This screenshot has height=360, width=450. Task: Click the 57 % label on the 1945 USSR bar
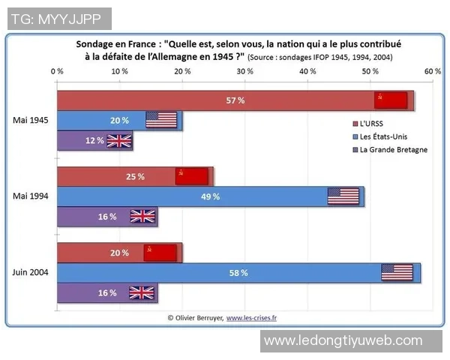(235, 100)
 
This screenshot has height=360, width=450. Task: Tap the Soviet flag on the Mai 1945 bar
(391, 100)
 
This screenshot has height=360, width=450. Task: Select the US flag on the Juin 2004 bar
(397, 272)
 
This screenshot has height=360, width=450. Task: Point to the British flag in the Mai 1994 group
(142, 216)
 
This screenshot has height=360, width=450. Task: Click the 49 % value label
(211, 196)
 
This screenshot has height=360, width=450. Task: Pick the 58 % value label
(238, 272)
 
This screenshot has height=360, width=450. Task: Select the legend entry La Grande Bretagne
(393, 149)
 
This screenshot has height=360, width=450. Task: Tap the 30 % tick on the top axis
(244, 71)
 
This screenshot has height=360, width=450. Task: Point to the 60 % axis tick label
(432, 71)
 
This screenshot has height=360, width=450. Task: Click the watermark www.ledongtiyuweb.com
(343, 340)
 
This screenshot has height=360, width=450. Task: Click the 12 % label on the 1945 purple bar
(94, 140)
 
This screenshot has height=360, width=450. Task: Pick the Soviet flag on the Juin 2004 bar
(160, 253)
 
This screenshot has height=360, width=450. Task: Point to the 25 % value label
(136, 177)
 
